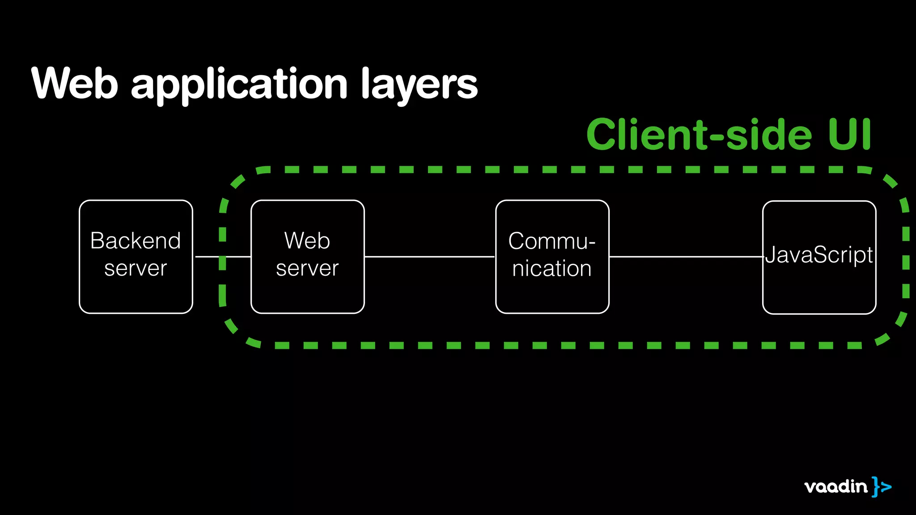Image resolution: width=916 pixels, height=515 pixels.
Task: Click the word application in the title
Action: tap(239, 85)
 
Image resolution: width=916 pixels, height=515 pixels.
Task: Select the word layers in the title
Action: tap(419, 85)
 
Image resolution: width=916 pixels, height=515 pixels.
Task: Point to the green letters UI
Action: tap(849, 134)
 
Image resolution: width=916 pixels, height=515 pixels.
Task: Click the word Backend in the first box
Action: tap(136, 241)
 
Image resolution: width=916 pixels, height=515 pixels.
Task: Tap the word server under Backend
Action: tap(136, 269)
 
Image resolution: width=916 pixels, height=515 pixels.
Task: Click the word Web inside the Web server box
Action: tap(307, 241)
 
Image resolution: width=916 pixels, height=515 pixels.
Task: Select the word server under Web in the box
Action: tap(307, 269)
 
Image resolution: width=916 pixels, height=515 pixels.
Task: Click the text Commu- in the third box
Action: tap(551, 241)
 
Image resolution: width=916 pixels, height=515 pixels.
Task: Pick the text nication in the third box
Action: tap(551, 269)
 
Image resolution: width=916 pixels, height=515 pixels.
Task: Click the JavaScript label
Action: tap(819, 255)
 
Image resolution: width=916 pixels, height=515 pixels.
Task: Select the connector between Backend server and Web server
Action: tap(210, 257)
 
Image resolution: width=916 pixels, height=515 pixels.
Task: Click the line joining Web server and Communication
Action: tap(429, 257)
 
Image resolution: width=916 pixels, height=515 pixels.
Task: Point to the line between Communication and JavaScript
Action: tap(685, 257)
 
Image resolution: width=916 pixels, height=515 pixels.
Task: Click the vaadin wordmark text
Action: tap(835, 486)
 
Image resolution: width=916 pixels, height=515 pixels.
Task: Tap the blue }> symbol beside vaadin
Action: tap(881, 486)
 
